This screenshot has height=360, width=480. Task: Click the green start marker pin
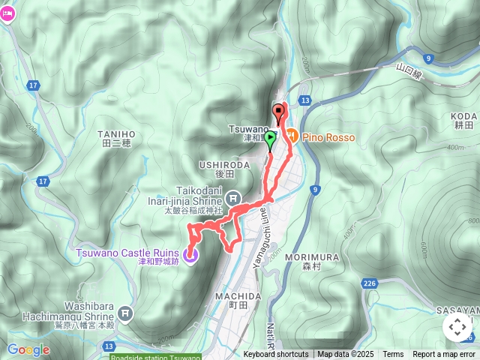[x=270, y=139]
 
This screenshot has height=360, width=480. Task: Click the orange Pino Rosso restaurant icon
[x=292, y=136]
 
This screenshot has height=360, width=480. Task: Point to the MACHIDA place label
[x=237, y=300]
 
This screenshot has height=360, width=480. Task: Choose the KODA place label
[x=465, y=120]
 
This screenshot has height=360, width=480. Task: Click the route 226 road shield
[x=369, y=283]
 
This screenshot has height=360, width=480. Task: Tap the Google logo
[x=28, y=349]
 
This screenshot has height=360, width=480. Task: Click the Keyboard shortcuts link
[x=275, y=355]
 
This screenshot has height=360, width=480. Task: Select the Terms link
[x=393, y=355]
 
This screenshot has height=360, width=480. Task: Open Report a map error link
[x=444, y=355]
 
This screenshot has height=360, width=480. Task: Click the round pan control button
[x=457, y=328]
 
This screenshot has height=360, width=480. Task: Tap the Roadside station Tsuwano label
[x=155, y=357]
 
